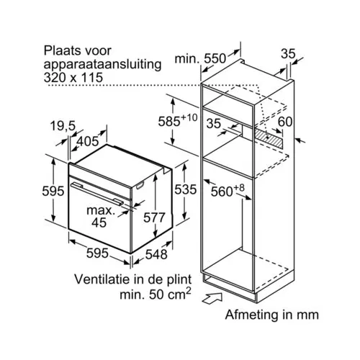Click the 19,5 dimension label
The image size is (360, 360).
tap(63, 126)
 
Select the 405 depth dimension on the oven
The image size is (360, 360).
tap(87, 141)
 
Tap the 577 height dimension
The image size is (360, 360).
tap(154, 217)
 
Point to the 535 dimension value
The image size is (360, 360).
tap(185, 189)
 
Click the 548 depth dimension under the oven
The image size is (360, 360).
tap(156, 254)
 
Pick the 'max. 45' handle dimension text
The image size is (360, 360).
tap(100, 216)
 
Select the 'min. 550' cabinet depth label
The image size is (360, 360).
tap(200, 58)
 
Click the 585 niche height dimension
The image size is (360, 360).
tap(178, 121)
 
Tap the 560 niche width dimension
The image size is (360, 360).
tap(228, 191)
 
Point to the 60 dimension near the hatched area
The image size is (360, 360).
tap(285, 122)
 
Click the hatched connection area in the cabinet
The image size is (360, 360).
tap(269, 138)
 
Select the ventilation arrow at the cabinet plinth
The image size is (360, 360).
tap(212, 298)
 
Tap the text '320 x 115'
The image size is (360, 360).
tap(73, 78)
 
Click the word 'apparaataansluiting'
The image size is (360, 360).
tap(102, 65)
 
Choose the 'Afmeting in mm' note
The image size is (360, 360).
tap(272, 315)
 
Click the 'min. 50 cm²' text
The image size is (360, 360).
tap(156, 294)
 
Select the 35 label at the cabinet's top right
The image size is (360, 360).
tap(288, 54)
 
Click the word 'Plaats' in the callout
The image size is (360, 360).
tap(61, 51)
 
